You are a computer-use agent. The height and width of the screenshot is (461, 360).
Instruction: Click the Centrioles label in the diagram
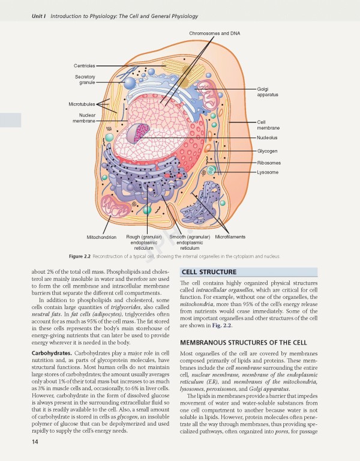pyautogui.click(x=84, y=65)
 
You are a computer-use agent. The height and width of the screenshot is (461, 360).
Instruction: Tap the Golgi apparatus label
pyautogui.click(x=267, y=91)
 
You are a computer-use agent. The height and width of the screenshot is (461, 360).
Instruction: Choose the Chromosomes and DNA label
pyautogui.click(x=214, y=32)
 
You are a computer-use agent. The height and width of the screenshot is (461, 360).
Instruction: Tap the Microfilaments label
pyautogui.click(x=230, y=237)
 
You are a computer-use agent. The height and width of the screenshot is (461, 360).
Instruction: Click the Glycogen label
pyautogui.click(x=267, y=151)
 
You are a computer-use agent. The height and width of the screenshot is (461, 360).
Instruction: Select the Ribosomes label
pyautogui.click(x=268, y=163)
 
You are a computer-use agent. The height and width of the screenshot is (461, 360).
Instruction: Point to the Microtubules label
pyautogui.click(x=81, y=104)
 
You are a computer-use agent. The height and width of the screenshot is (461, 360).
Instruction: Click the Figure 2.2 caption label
pyautogui.click(x=82, y=256)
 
